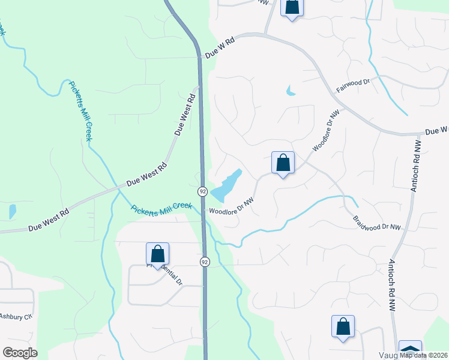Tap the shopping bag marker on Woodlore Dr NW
(x=283, y=163)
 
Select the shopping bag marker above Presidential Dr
(x=157, y=254)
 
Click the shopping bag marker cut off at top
(x=291, y=7)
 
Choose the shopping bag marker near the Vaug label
(x=343, y=326)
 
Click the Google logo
(x=20, y=352)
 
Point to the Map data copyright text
(x=423, y=355)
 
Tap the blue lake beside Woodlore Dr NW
(x=226, y=185)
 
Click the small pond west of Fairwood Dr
(x=291, y=91)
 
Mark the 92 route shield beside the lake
(x=203, y=191)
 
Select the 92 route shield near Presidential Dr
(x=205, y=262)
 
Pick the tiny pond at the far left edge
(x=12, y=211)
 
